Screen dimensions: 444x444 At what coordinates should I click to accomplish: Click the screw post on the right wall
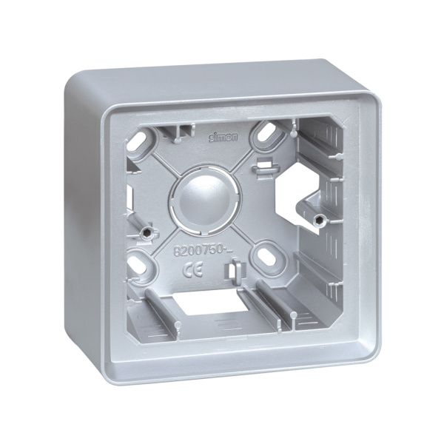(x=319, y=219)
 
